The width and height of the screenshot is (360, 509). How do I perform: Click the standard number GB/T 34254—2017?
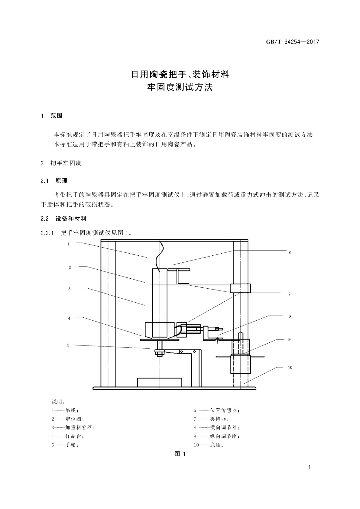pos(292,42)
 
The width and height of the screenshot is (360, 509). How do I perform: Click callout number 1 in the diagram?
pos(69,244)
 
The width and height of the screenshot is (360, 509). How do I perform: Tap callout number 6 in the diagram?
pos(290,252)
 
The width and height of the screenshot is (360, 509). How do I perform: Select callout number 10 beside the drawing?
pos(290,368)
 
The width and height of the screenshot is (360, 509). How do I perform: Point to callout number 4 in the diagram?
pos(69,318)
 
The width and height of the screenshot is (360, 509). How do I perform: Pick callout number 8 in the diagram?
pos(290,317)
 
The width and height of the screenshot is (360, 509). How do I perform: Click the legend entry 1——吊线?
pos(65,410)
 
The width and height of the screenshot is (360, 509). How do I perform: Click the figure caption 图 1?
pos(180,454)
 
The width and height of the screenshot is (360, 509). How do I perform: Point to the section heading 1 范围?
pos(52,116)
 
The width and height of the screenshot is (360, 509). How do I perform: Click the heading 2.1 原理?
pos(54,181)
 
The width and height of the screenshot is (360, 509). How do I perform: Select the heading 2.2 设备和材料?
pos(63,219)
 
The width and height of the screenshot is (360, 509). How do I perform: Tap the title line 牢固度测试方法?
pos(180,87)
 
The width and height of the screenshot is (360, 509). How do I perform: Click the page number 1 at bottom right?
pos(310,467)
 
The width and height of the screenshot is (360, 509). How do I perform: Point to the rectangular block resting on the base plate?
pos(160,382)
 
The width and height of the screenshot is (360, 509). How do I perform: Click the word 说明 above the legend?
pos(57,402)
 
